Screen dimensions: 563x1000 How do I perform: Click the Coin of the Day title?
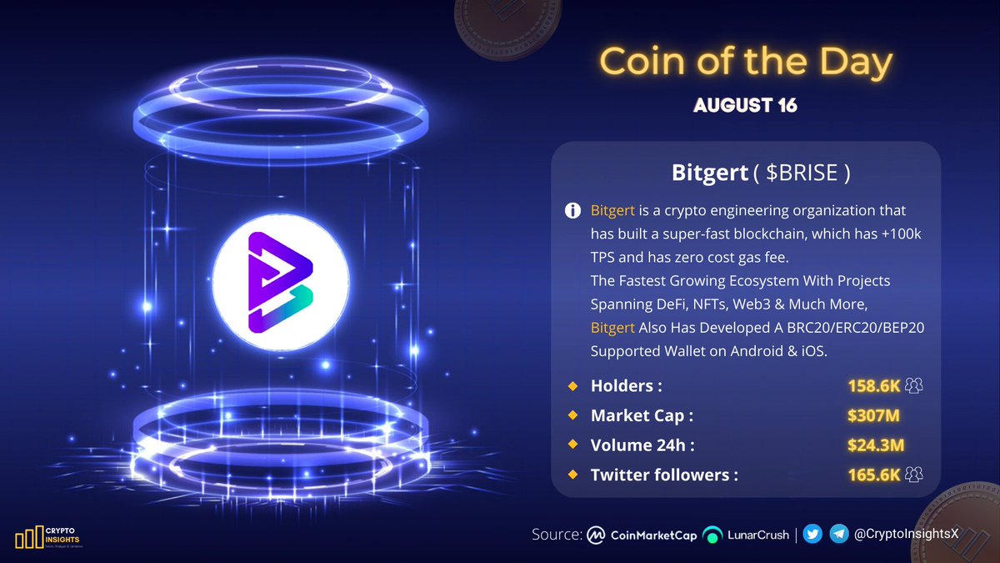746,63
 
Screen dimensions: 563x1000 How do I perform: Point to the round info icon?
572,211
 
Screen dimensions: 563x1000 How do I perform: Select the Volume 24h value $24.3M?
876,445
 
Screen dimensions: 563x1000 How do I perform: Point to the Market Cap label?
642,415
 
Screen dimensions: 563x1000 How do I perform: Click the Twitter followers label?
664,475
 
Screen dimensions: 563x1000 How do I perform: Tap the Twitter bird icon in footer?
815,535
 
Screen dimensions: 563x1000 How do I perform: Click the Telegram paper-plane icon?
840,535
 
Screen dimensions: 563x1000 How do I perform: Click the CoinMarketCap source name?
653,535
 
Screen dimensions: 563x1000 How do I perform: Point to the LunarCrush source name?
757,535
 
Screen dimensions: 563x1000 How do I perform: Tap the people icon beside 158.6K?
914,385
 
